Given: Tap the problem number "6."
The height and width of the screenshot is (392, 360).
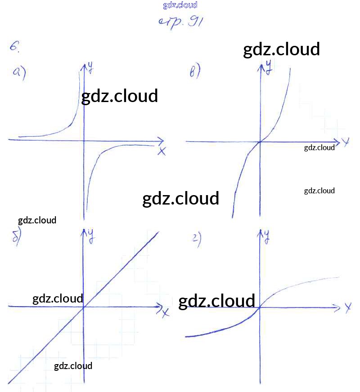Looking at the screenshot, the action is (x=14, y=46).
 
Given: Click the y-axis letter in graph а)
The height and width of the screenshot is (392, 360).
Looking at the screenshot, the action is (x=90, y=68).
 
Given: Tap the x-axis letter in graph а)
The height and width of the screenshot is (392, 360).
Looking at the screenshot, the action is (x=162, y=151).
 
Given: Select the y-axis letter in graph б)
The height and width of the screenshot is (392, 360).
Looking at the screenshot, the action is (x=90, y=235).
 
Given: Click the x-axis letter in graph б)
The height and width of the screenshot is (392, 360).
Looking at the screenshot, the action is (x=165, y=312).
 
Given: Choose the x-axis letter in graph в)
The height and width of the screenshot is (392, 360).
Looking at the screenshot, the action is (x=345, y=143).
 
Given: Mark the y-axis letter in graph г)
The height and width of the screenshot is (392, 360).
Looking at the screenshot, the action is (x=267, y=235).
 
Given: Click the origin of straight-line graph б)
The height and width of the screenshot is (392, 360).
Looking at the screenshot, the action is (x=84, y=307).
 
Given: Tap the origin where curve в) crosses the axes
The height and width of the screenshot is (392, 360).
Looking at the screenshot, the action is (x=260, y=142).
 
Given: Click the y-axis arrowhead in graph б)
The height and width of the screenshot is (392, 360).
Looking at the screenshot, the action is (x=84, y=231).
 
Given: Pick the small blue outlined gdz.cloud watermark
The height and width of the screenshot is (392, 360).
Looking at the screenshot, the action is (x=180, y=5).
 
